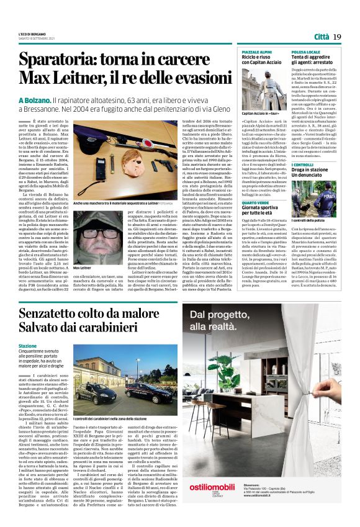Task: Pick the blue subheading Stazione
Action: click(x=28, y=346)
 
